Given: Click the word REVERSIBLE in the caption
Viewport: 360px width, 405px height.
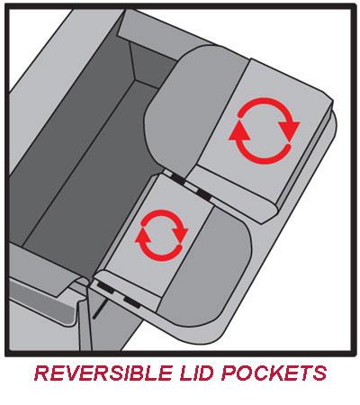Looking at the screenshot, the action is [103, 373].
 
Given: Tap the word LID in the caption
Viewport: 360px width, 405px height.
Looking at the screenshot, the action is [197, 373].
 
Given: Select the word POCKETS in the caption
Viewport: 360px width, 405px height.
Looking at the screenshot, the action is [274, 373].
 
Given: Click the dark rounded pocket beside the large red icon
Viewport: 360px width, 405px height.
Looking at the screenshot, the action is [192, 108].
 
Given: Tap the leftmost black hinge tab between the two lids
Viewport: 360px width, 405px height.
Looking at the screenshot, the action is [177, 180].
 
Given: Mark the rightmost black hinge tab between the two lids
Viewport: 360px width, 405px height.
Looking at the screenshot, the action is [204, 194].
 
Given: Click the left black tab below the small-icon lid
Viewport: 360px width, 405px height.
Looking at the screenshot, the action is [105, 287].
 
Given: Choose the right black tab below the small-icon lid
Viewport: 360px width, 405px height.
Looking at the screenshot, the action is [132, 301].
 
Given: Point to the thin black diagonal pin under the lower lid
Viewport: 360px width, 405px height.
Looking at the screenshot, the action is [98, 309].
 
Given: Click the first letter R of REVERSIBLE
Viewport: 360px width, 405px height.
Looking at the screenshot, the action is [41, 373].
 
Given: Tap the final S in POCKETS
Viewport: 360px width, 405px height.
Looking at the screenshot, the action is [319, 373].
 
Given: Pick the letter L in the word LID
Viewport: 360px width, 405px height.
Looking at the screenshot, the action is [186, 373].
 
